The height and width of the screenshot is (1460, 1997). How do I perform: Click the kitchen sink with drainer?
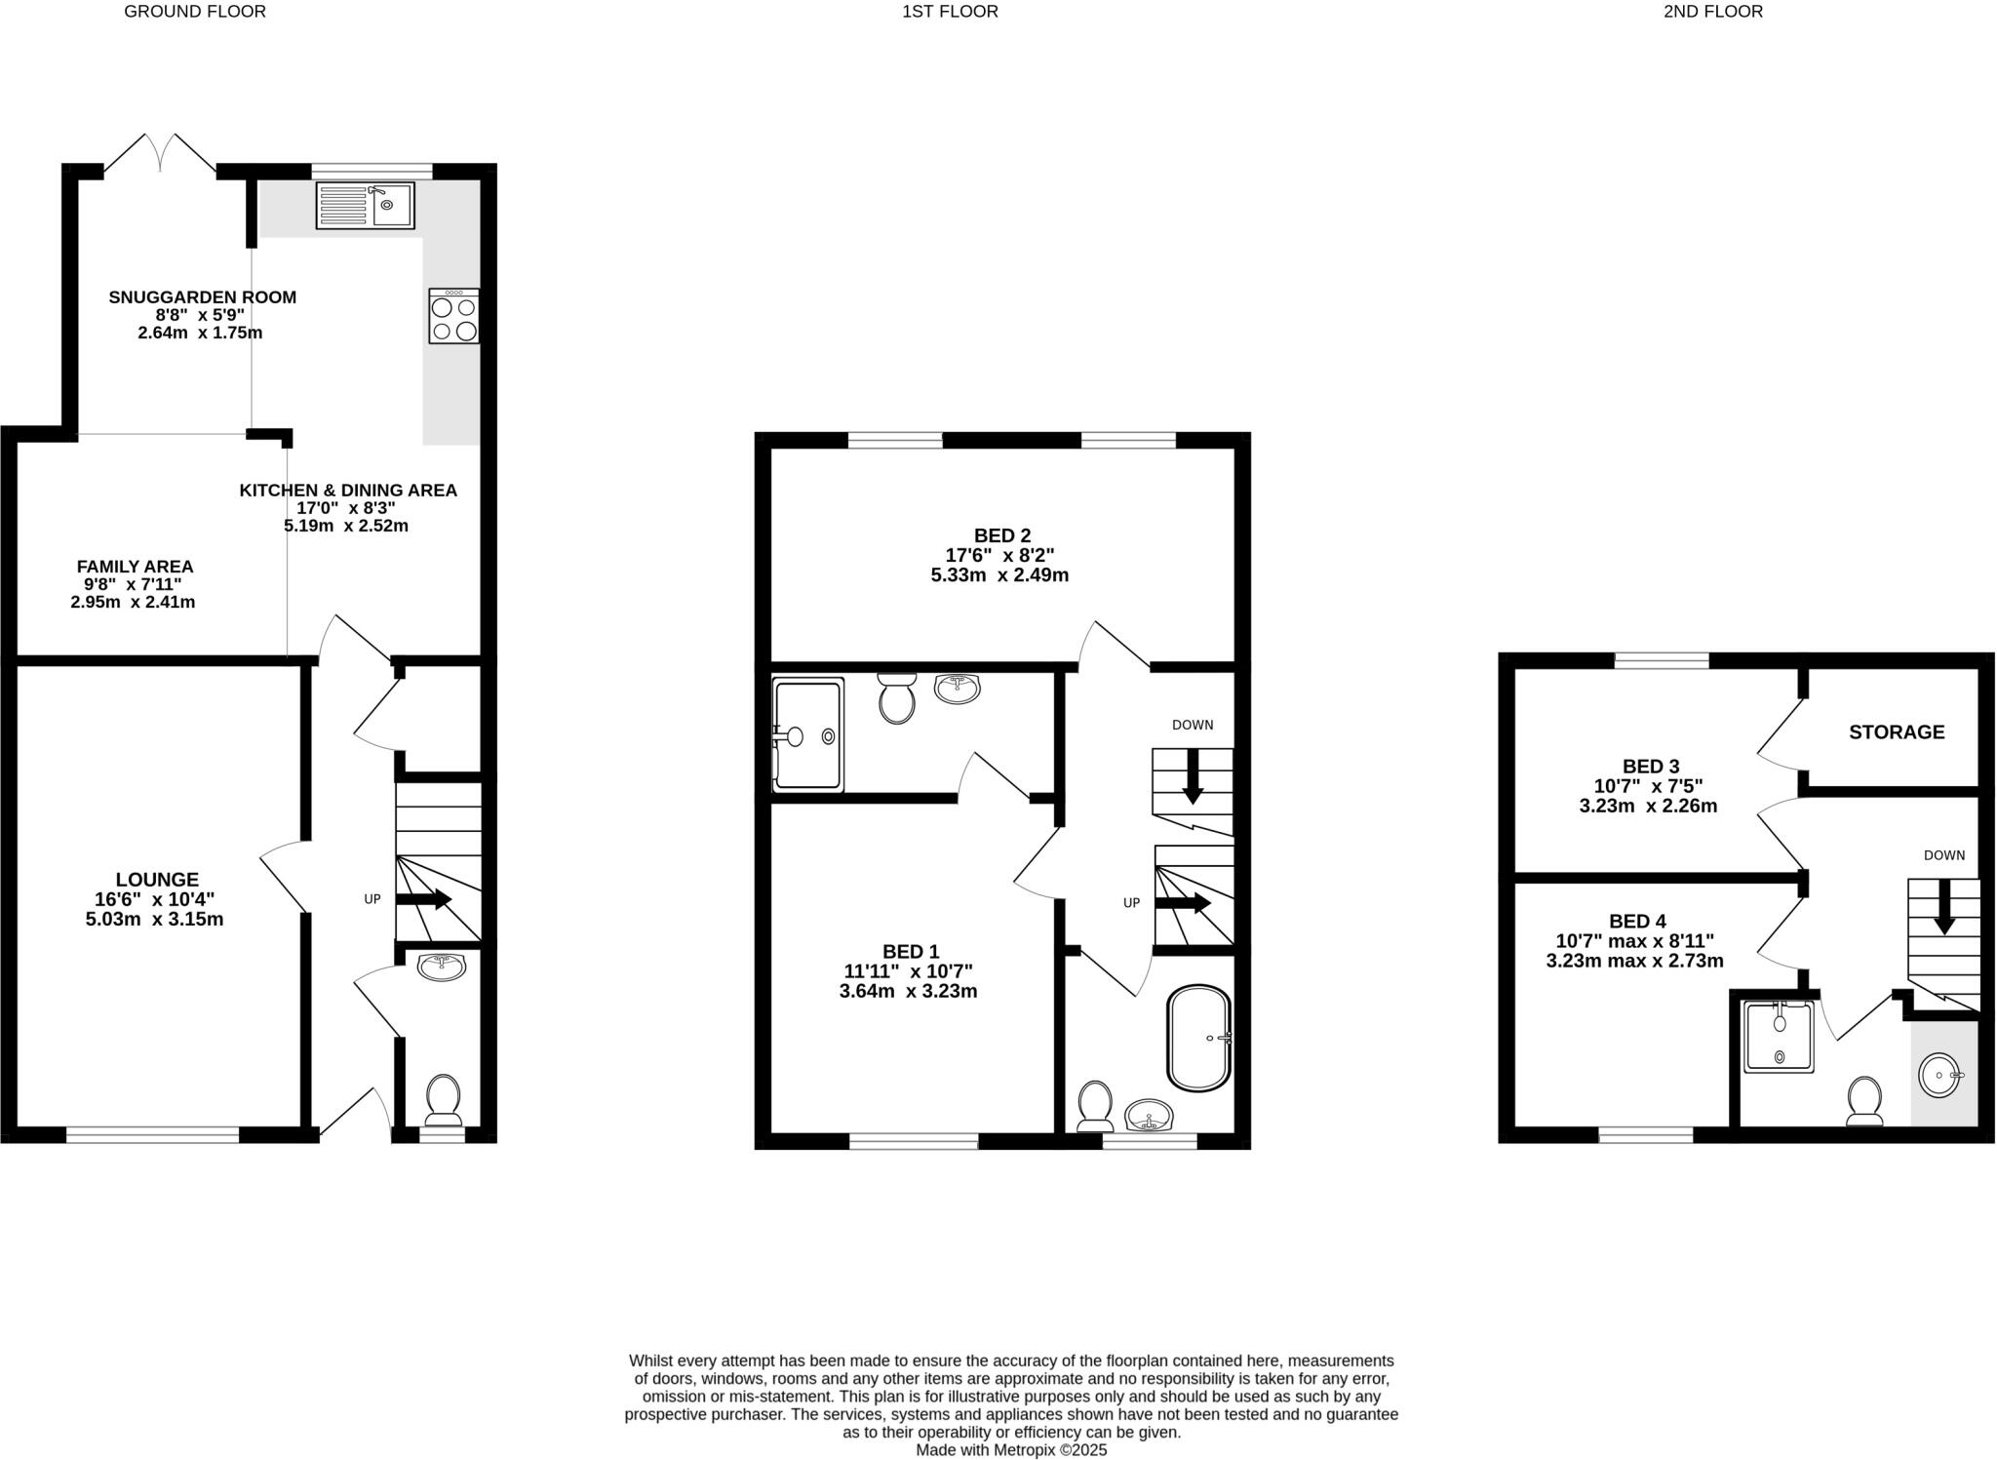(x=365, y=205)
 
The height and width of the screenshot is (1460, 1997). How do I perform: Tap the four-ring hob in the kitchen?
(x=453, y=316)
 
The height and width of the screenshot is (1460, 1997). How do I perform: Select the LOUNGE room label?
(x=156, y=880)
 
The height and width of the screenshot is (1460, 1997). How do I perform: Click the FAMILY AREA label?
(x=135, y=567)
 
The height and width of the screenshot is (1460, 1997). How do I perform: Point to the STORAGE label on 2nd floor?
(x=1896, y=731)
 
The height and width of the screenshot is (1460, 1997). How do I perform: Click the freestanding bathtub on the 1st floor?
(x=1199, y=1038)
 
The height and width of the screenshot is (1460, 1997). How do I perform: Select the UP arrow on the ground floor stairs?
(x=423, y=899)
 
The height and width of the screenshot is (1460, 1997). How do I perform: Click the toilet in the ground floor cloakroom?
(x=444, y=1099)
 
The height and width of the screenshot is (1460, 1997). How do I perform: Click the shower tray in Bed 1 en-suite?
(x=807, y=735)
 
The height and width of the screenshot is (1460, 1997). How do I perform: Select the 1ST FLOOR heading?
(x=950, y=12)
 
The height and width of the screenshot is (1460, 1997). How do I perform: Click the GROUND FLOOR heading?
(x=195, y=12)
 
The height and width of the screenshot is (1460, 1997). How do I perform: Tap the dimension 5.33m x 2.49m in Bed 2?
(x=999, y=575)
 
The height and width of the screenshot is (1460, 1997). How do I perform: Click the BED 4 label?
(x=1637, y=922)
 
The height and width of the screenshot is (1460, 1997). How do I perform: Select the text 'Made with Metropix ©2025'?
(x=1011, y=1450)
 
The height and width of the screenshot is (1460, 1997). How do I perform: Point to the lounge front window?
(x=152, y=1134)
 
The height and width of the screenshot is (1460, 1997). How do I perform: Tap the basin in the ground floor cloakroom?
(x=442, y=967)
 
